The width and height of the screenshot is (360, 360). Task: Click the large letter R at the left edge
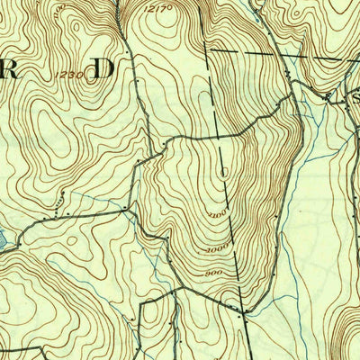(x=11, y=71)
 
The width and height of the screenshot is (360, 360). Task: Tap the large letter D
(x=105, y=67)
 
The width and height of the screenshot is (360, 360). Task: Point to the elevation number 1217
(x=156, y=8)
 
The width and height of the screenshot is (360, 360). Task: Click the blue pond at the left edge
(x=4, y=241)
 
